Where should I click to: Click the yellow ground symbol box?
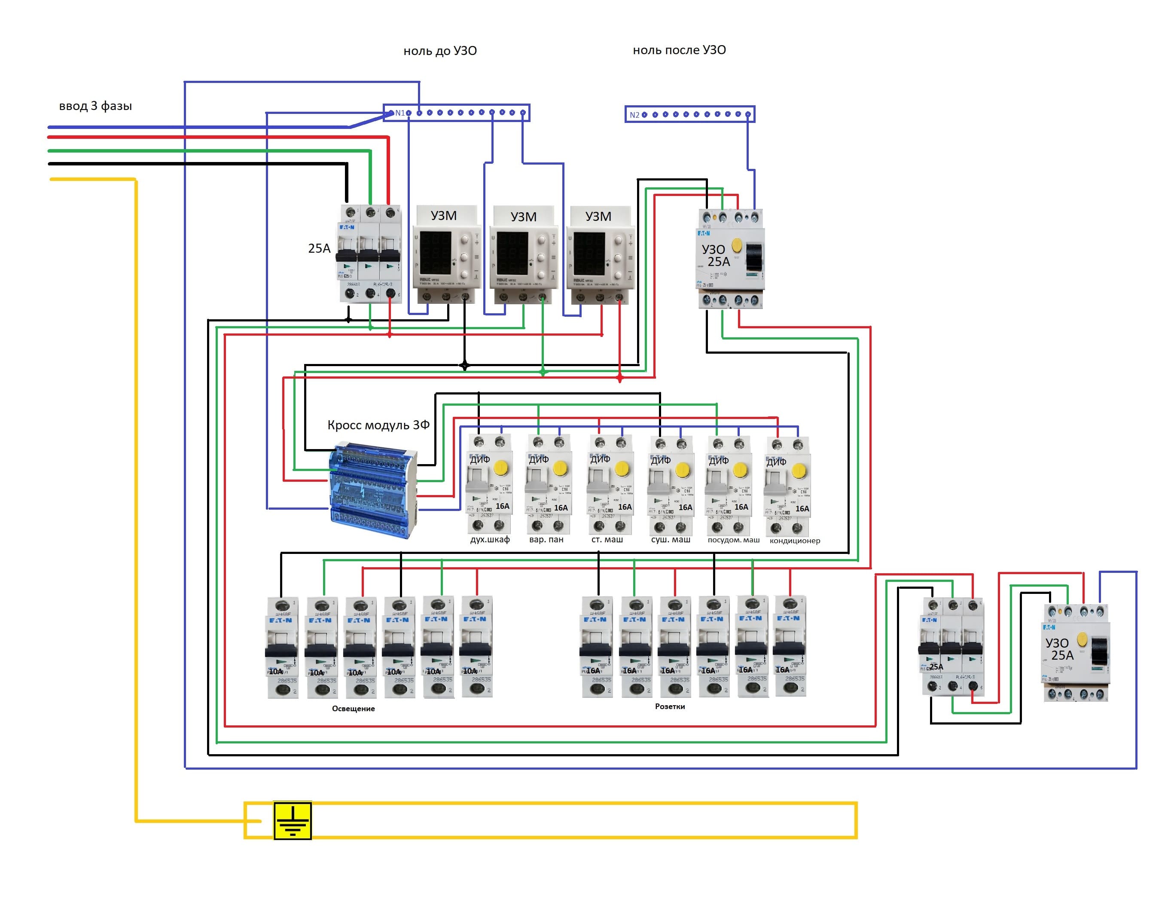[x=292, y=820]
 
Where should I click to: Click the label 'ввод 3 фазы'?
[x=95, y=106]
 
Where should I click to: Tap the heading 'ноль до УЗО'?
[x=440, y=51]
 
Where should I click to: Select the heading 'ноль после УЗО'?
[x=679, y=50]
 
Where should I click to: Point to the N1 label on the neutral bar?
[x=399, y=113]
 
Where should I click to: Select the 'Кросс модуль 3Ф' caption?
[x=378, y=425]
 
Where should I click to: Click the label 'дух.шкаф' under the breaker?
[x=489, y=539]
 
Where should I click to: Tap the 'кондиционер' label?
[x=794, y=541]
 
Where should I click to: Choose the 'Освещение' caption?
[x=353, y=709]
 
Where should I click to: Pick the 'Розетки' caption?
[x=670, y=706]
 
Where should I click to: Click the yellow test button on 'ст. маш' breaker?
[x=622, y=469]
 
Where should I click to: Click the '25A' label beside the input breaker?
[x=319, y=248]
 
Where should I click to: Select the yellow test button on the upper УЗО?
[x=737, y=246]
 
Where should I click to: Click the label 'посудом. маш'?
[x=733, y=540]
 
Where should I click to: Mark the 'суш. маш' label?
[x=670, y=539]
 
